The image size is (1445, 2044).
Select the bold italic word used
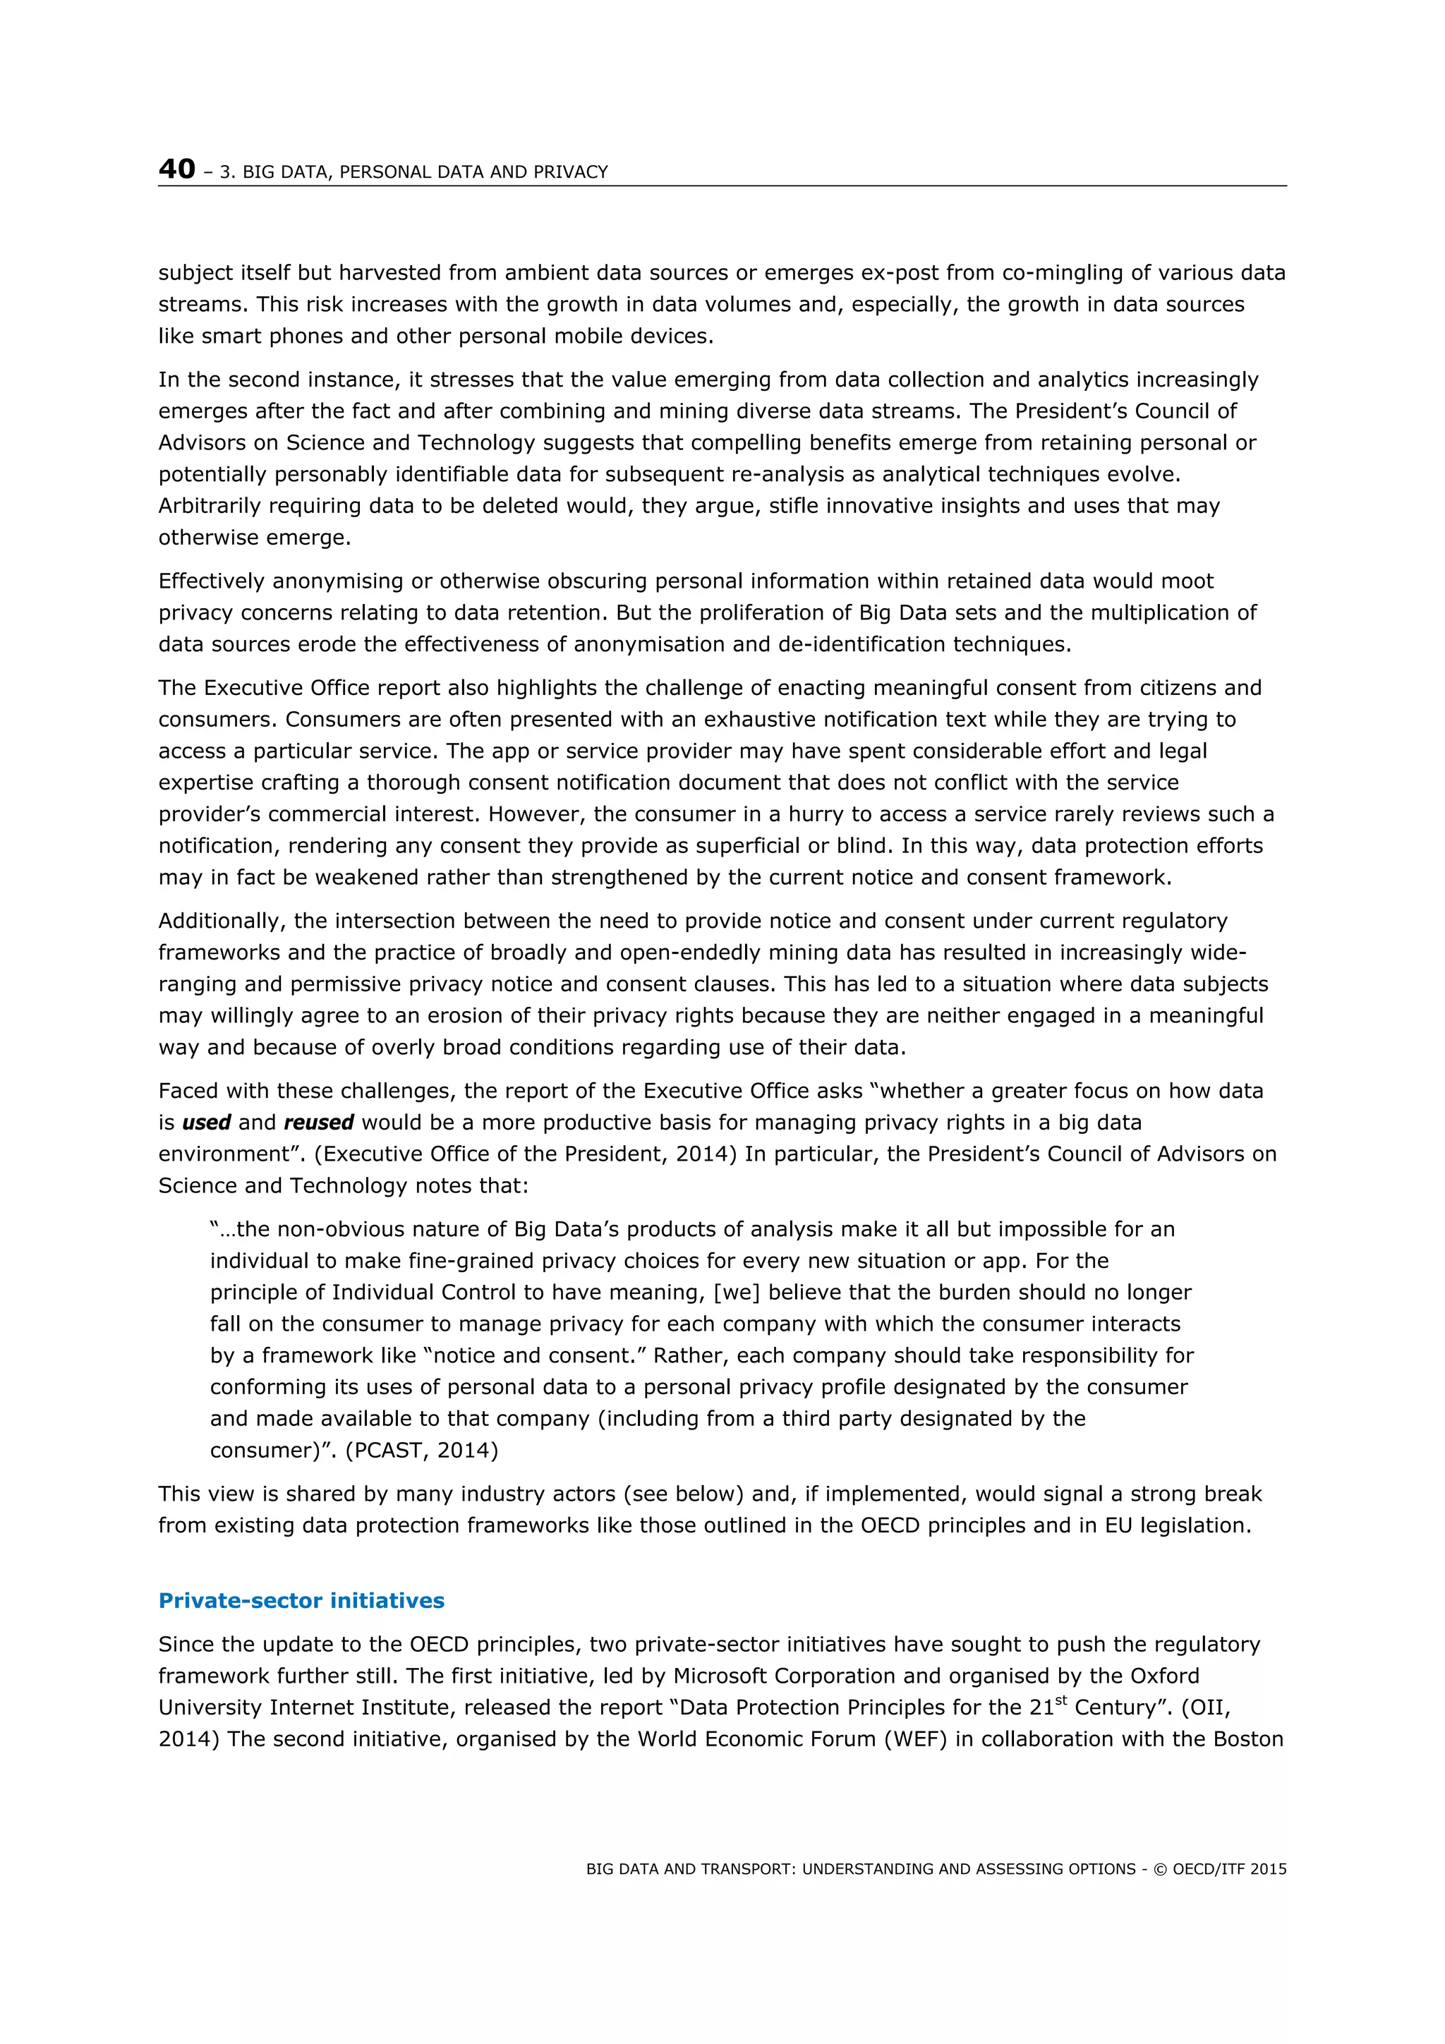point(207,1123)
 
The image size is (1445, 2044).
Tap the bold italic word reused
point(319,1123)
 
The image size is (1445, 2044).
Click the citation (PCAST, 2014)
point(422,1450)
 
